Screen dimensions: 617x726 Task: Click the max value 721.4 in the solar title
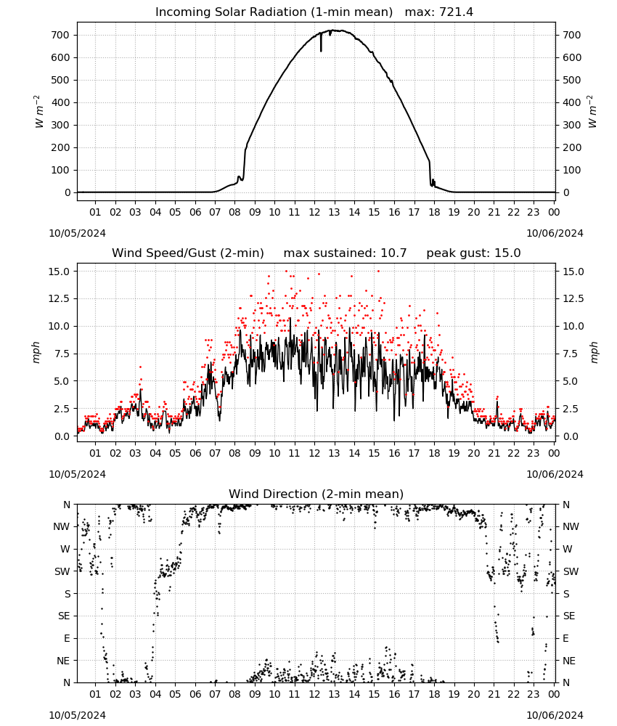tap(456, 12)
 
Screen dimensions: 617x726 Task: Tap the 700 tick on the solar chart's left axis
tap(62, 35)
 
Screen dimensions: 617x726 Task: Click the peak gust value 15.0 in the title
tap(507, 253)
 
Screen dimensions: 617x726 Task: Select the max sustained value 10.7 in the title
tap(393, 253)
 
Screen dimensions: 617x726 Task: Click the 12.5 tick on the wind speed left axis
tap(60, 298)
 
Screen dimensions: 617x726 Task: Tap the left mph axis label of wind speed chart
tap(36, 352)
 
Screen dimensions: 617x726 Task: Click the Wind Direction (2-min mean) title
tap(316, 494)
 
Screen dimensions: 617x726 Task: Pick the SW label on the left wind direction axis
tap(62, 571)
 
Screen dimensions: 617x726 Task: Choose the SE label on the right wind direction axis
tap(569, 616)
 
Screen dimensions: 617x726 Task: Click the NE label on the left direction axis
tap(63, 661)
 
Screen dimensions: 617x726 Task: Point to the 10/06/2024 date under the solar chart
tap(555, 233)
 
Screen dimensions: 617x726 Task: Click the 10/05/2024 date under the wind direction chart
tap(77, 715)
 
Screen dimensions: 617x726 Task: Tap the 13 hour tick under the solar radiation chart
tap(334, 212)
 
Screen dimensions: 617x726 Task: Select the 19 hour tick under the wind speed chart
tap(454, 453)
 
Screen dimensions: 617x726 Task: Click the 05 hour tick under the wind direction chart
tap(175, 694)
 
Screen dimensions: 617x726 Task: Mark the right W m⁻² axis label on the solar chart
tap(593, 112)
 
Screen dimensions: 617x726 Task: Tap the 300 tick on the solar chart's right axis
tap(572, 125)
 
